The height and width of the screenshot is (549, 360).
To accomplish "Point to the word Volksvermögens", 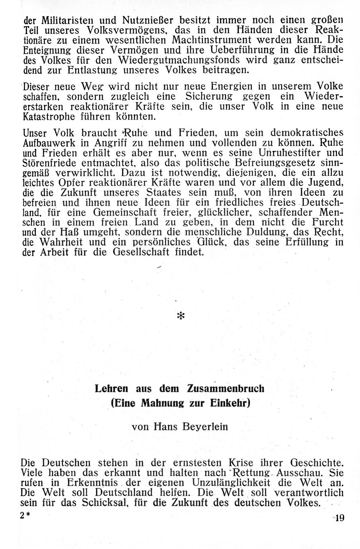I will [x=91, y=30].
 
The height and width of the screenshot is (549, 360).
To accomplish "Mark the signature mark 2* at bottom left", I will [x=24, y=516].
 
